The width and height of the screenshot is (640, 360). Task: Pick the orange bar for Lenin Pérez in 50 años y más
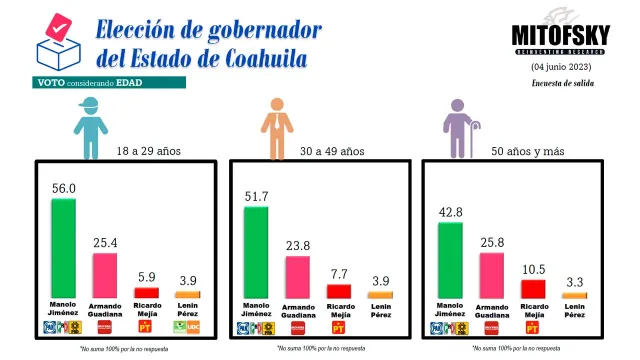click(573, 296)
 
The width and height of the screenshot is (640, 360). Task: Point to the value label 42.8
click(449, 213)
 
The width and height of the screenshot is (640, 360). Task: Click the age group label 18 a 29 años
click(149, 151)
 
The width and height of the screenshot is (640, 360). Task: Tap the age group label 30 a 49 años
click(332, 151)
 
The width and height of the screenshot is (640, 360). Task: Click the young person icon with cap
click(89, 127)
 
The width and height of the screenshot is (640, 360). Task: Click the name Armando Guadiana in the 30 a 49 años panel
click(297, 312)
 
